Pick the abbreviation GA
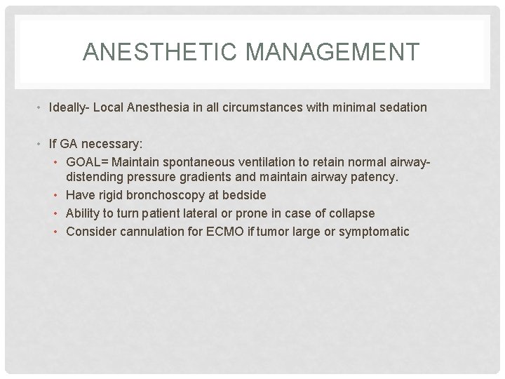pyautogui.click(x=68, y=144)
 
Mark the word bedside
pyautogui.click(x=244, y=195)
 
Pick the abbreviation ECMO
pyautogui.click(x=224, y=232)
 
